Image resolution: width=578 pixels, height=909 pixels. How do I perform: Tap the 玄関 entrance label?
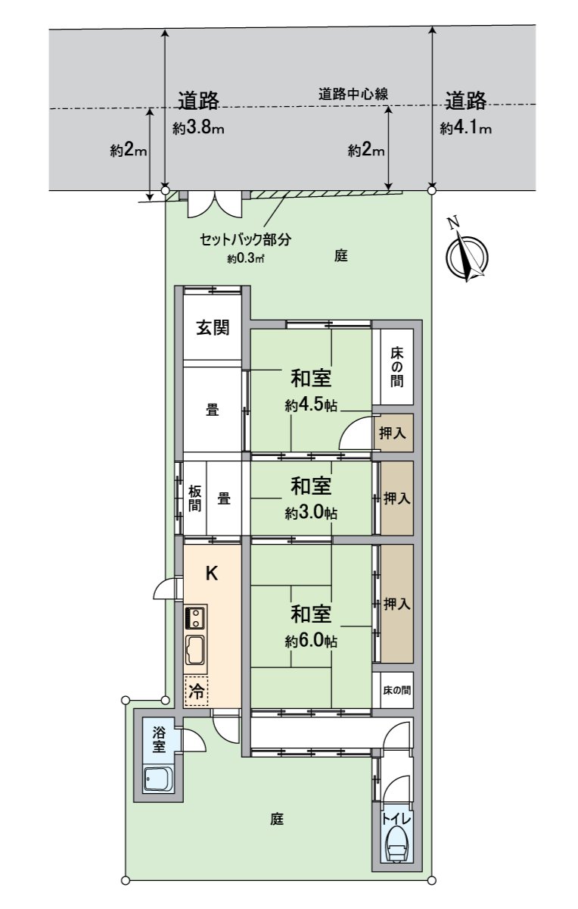(x=213, y=328)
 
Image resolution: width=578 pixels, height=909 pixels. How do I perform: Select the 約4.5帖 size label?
(x=311, y=405)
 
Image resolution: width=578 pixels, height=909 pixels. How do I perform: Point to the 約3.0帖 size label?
(x=311, y=513)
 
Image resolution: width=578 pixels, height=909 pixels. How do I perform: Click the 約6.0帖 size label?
(x=311, y=641)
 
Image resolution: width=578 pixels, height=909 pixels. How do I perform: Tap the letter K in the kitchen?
(x=213, y=573)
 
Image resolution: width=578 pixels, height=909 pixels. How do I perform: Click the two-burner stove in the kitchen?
(x=196, y=617)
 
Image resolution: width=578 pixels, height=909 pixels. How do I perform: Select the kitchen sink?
(x=196, y=651)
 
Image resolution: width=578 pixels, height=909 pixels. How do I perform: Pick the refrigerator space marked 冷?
(x=197, y=691)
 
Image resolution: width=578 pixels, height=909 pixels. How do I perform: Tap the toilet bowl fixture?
(x=396, y=843)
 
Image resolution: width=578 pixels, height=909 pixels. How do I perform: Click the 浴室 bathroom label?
(x=159, y=739)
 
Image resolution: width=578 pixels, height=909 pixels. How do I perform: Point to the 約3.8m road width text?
(x=198, y=128)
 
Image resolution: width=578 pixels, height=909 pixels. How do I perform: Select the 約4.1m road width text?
(x=466, y=128)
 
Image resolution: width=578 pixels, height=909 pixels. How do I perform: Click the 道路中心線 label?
(x=353, y=95)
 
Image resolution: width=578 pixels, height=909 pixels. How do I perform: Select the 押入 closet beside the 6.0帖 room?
(x=396, y=604)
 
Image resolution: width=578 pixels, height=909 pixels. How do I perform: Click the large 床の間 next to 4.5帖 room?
(x=396, y=367)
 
